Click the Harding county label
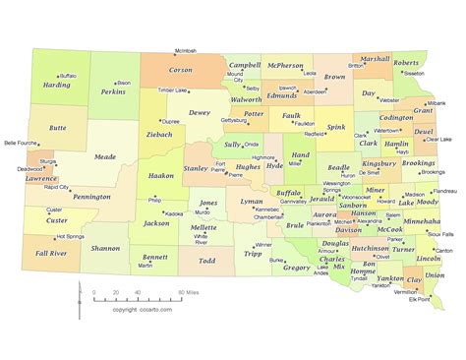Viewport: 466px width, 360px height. pyautogui.click(x=57, y=86)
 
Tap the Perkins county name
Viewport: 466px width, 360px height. pyautogui.click(x=113, y=91)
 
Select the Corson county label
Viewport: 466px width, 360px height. pyautogui.click(x=181, y=70)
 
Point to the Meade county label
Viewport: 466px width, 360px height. pyautogui.click(x=104, y=155)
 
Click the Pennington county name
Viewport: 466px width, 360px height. pyautogui.click(x=91, y=196)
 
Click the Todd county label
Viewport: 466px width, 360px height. pyautogui.click(x=207, y=261)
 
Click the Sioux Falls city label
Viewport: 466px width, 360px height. pyautogui.click(x=440, y=235)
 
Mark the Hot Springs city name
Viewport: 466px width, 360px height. pyautogui.click(x=70, y=236)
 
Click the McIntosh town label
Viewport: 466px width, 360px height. pyautogui.click(x=186, y=50)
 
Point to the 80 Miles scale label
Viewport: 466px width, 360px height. pyautogui.click(x=190, y=292)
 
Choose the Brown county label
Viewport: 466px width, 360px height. pyautogui.click(x=334, y=77)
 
